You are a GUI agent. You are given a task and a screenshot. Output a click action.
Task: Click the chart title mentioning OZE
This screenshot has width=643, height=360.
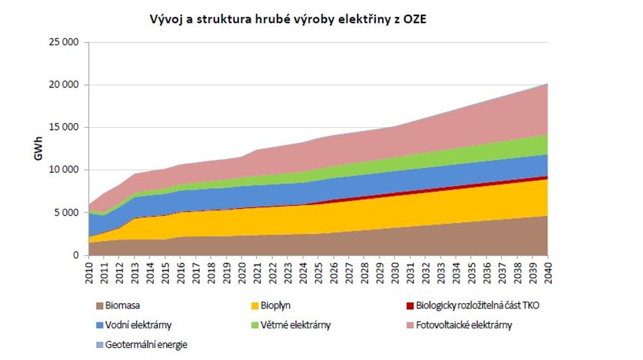(289, 19)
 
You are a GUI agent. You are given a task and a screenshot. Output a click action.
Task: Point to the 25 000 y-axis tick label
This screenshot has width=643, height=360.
(64, 42)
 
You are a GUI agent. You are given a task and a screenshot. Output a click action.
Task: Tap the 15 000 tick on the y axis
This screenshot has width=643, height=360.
(64, 127)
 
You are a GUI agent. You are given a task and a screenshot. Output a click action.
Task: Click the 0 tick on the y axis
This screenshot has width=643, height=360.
(75, 255)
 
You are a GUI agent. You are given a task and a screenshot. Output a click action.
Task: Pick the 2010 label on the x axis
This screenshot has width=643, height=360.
(89, 271)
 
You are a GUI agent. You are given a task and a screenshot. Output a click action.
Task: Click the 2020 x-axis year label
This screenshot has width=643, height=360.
(242, 271)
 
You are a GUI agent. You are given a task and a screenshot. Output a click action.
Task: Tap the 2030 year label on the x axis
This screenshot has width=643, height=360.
(395, 271)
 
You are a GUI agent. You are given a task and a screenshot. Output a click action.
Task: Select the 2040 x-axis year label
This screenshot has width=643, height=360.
(548, 271)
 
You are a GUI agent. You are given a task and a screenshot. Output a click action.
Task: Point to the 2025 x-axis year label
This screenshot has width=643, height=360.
(319, 271)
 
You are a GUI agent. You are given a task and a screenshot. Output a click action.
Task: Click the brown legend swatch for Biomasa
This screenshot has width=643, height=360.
(100, 306)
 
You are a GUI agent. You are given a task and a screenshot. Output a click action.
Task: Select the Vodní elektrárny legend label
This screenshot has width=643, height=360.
(138, 325)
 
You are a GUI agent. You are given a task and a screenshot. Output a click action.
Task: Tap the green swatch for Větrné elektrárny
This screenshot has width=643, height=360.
(255, 325)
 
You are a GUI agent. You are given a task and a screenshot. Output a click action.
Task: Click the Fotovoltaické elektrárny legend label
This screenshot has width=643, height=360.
(464, 325)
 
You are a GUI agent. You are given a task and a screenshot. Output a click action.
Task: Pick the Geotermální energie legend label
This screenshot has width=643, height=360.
(146, 344)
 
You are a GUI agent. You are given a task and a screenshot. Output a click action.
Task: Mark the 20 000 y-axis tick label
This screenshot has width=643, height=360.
(64, 85)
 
